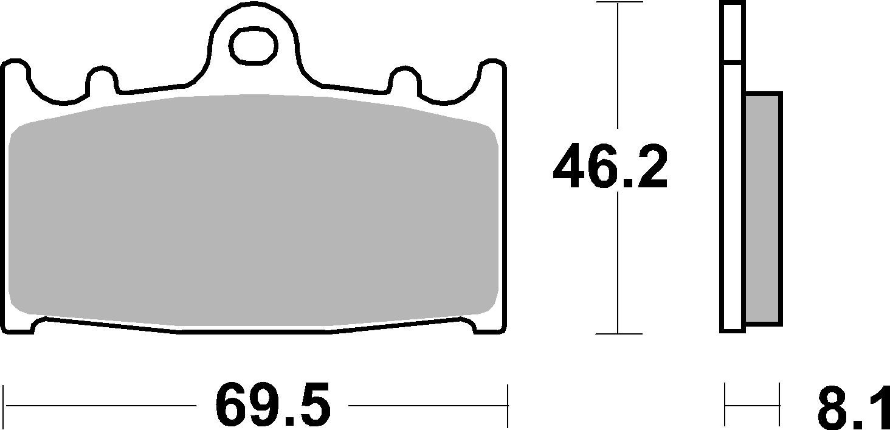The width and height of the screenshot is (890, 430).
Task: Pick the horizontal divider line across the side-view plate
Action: click(x=733, y=62)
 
